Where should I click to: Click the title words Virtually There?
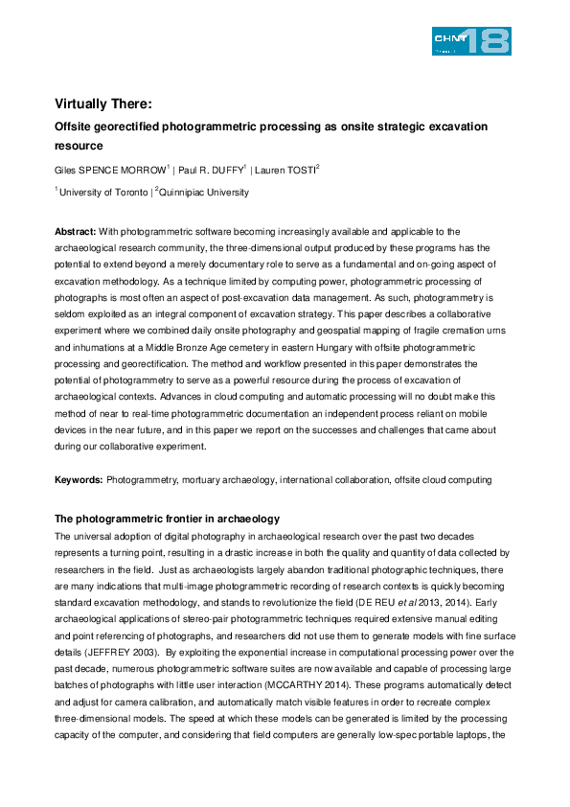[103, 104]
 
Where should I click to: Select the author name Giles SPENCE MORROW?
[111, 170]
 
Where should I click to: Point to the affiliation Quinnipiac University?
[205, 192]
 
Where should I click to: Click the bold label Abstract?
[75, 232]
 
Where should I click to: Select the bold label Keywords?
[78, 478]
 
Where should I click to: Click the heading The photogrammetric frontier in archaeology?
[166, 519]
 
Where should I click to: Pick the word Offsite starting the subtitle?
[76, 127]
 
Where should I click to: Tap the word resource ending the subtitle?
[79, 147]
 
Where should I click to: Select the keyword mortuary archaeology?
[220, 478]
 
